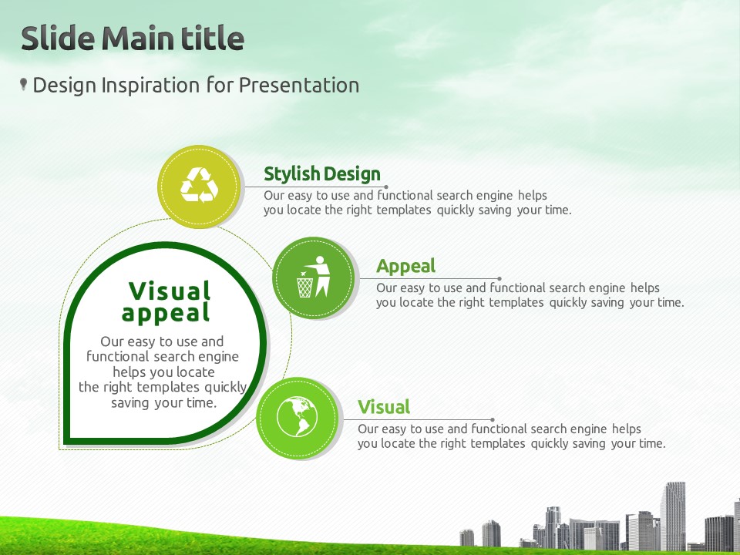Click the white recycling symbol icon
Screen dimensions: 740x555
pyautogui.click(x=199, y=184)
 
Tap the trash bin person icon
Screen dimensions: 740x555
pyautogui.click(x=314, y=277)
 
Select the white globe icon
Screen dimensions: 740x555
pyautogui.click(x=297, y=417)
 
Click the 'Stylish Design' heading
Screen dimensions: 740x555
pyautogui.click(x=322, y=173)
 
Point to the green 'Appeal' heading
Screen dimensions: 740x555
pyautogui.click(x=406, y=267)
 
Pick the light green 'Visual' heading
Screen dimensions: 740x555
pyautogui.click(x=384, y=407)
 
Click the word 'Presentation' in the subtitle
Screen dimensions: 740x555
pyautogui.click(x=299, y=86)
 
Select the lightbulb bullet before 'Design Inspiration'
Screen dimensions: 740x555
pyautogui.click(x=23, y=85)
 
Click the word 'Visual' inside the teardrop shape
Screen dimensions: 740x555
pyautogui.click(x=170, y=291)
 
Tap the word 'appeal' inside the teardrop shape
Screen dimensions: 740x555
pyautogui.click(x=166, y=314)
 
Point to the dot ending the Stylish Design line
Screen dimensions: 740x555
pyautogui.click(x=386, y=187)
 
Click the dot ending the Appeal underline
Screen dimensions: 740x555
pyautogui.click(x=499, y=279)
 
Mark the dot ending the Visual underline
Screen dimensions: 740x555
pyautogui.click(x=493, y=419)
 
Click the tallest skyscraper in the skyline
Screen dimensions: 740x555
pyautogui.click(x=673, y=516)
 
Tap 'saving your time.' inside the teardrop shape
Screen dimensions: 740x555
pyautogui.click(x=163, y=403)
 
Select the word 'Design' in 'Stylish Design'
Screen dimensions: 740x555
pyautogui.click(x=352, y=173)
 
